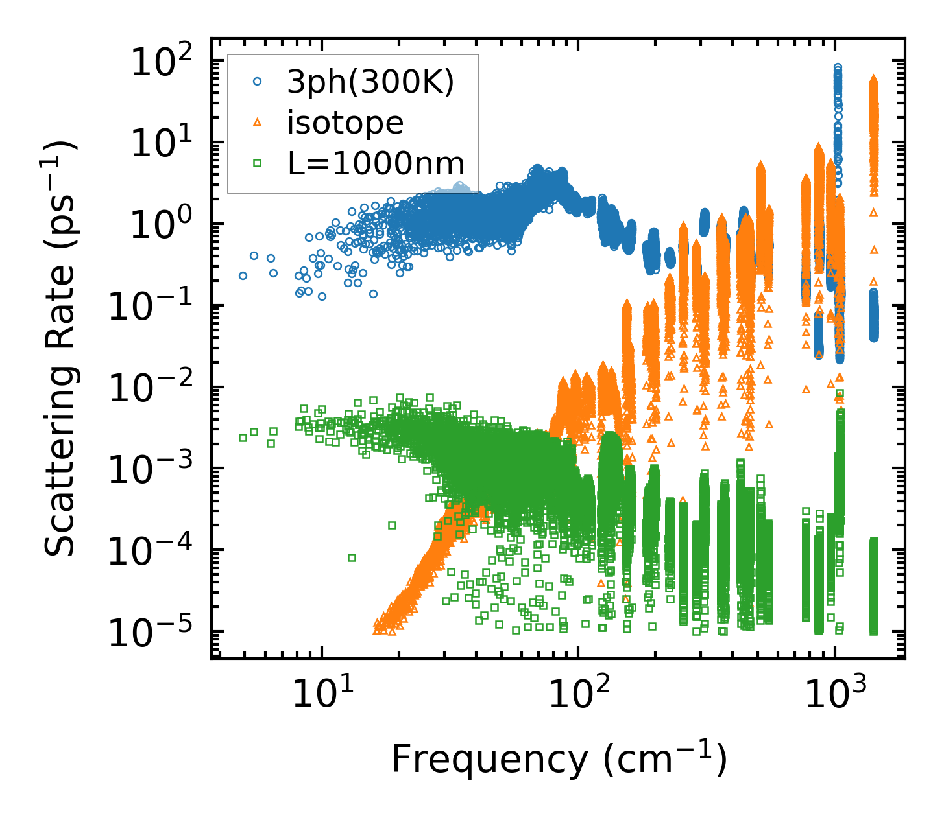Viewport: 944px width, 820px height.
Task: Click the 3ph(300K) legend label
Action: point(370,82)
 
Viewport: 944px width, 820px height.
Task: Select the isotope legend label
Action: point(345,123)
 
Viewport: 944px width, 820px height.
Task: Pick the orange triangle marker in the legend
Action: point(257,123)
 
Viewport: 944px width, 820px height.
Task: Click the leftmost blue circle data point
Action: point(243,275)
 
